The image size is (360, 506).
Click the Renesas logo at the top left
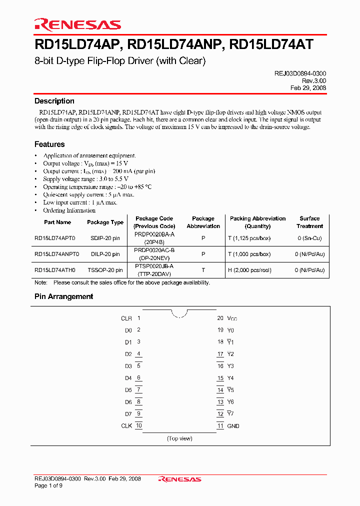(x=77, y=24)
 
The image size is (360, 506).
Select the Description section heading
(x=54, y=101)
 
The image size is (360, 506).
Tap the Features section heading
(x=49, y=144)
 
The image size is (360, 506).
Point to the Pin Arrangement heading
(x=63, y=296)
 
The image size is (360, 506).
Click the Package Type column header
(x=105, y=222)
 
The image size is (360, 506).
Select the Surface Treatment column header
(x=309, y=222)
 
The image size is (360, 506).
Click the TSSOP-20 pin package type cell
(x=105, y=270)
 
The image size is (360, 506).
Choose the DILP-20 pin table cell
(x=105, y=254)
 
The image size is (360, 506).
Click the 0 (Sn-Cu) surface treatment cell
(x=309, y=238)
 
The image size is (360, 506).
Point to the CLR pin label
(x=126, y=318)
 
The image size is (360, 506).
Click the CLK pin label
(x=126, y=426)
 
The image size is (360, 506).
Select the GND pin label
(x=233, y=426)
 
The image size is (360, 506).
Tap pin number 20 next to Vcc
(x=220, y=318)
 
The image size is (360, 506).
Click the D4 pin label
(x=128, y=378)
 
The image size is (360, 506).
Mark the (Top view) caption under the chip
(x=179, y=438)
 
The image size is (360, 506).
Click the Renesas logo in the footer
(x=179, y=479)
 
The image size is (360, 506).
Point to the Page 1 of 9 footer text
(x=48, y=485)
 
